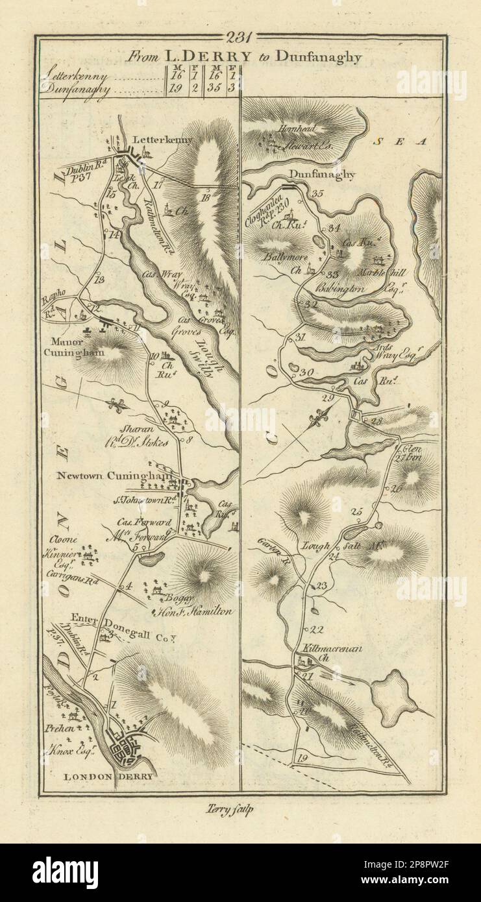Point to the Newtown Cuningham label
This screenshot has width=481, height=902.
[114, 475]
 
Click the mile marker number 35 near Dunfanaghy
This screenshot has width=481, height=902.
[317, 193]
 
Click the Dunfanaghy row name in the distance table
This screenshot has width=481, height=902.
[67, 90]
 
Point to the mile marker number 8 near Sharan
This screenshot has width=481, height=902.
[190, 441]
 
